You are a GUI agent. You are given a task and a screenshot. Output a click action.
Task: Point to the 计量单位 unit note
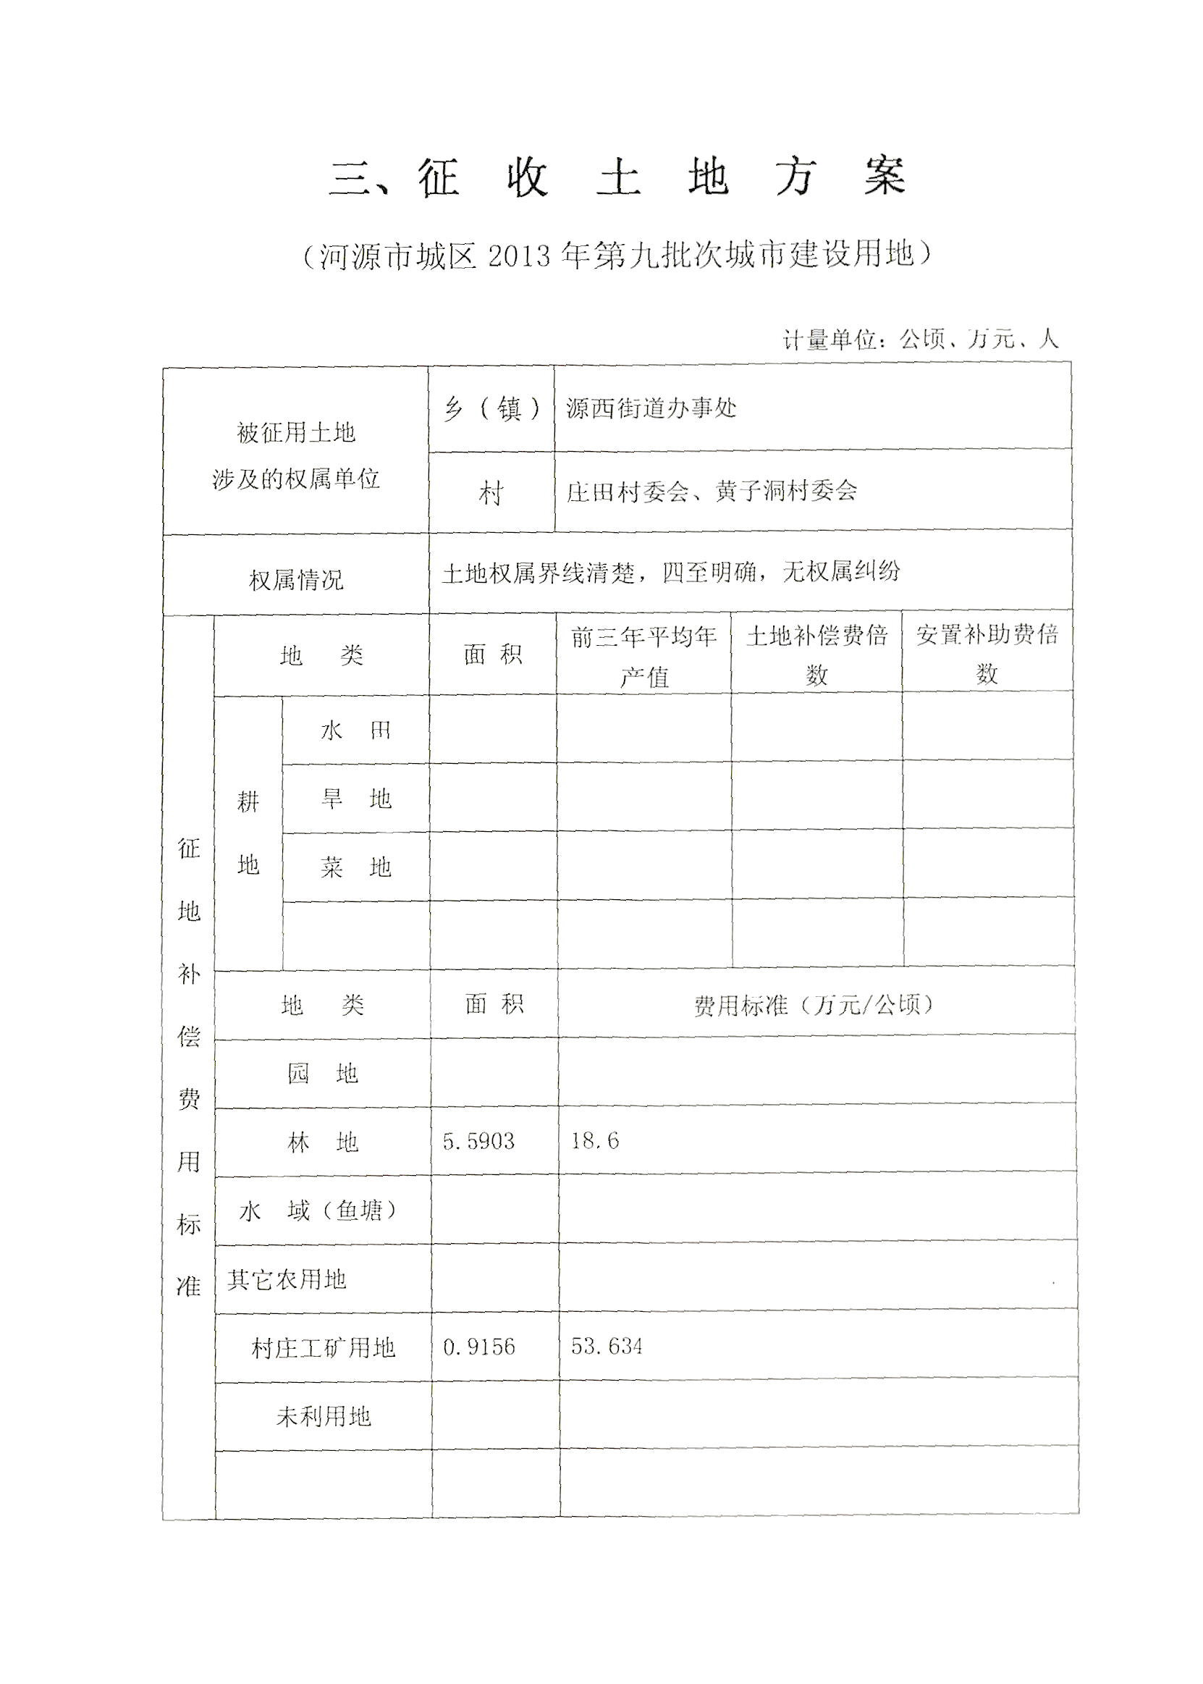tap(920, 340)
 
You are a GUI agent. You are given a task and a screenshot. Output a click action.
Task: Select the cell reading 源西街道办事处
tap(651, 408)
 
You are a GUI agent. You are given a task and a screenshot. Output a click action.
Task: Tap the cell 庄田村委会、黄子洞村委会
tap(711, 491)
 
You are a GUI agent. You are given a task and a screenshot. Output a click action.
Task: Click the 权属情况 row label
tap(295, 580)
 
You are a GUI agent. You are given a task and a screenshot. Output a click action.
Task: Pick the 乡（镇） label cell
tap(492, 409)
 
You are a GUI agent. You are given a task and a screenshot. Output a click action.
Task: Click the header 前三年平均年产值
tap(643, 656)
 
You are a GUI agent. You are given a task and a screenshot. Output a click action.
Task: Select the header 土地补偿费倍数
tap(816, 655)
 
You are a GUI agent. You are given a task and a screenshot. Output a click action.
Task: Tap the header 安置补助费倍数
tap(987, 654)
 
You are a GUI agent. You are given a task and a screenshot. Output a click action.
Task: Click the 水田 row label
tap(355, 731)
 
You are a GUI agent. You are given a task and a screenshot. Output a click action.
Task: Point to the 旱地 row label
tap(355, 799)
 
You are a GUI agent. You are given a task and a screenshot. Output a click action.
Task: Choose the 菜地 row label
tap(355, 867)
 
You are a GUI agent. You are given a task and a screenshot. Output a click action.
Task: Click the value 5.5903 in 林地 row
tap(478, 1141)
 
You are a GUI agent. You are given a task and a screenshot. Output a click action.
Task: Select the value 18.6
tap(595, 1141)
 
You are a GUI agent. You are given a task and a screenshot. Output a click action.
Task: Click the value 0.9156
tap(478, 1347)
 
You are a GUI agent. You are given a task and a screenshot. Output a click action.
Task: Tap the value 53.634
tap(607, 1346)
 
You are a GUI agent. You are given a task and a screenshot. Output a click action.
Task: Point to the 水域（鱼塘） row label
tap(318, 1211)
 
